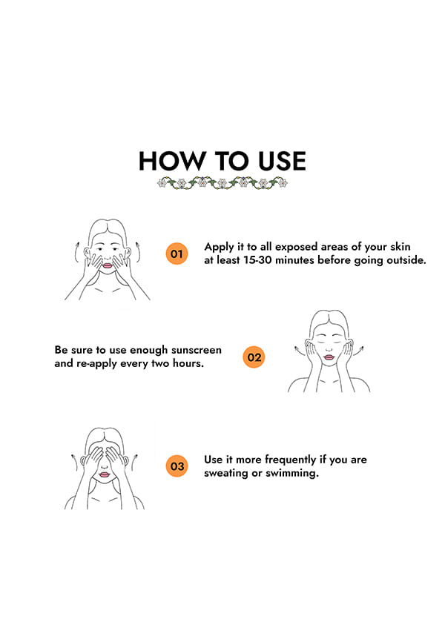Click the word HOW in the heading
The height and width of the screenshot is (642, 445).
[x=171, y=161]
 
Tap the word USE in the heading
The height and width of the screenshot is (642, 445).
[x=282, y=161]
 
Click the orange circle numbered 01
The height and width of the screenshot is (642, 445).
[x=177, y=254]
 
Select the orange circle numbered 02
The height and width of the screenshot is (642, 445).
[x=254, y=357]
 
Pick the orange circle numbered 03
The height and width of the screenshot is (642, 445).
[x=177, y=466]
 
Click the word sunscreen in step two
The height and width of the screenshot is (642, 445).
[x=197, y=350]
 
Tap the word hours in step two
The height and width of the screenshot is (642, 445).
[x=188, y=363]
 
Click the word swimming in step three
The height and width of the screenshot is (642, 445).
[x=291, y=473]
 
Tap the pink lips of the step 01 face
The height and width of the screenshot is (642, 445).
[x=107, y=265]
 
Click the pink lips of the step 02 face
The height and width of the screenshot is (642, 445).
[x=329, y=357]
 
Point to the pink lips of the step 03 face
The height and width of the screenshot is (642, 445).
[x=105, y=474]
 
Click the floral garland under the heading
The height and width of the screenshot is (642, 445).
[x=222, y=182]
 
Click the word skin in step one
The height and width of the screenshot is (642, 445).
[x=400, y=246]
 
